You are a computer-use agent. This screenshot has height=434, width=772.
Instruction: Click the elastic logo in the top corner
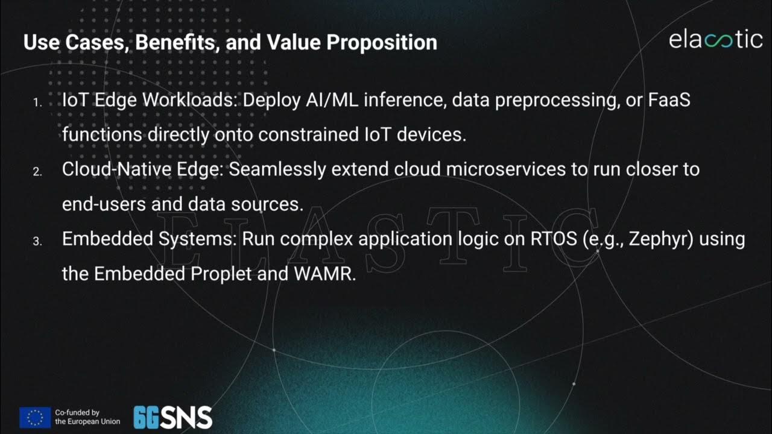pyautogui.click(x=715, y=40)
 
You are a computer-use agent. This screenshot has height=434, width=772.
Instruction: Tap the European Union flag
pyautogui.click(x=35, y=417)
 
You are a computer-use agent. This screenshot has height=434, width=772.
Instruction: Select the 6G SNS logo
pyautogui.click(x=172, y=417)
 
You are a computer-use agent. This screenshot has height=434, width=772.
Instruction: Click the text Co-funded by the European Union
pyautogui.click(x=87, y=417)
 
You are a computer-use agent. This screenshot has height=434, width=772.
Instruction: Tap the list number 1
pyautogui.click(x=37, y=103)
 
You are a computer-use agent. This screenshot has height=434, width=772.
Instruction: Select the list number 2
pyautogui.click(x=37, y=172)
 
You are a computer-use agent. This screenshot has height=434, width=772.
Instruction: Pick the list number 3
pyautogui.click(x=37, y=242)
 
